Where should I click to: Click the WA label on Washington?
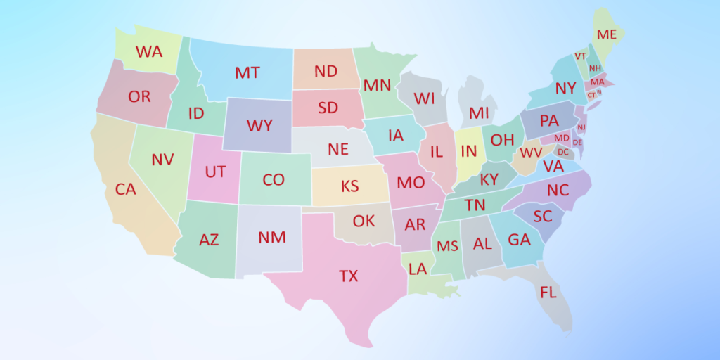click(x=148, y=52)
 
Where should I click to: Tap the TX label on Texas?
click(x=348, y=276)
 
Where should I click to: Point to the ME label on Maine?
click(x=606, y=34)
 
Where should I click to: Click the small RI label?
click(x=599, y=91)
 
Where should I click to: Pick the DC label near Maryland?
click(x=562, y=151)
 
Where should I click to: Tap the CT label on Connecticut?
click(x=591, y=95)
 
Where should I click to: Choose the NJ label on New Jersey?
click(x=581, y=127)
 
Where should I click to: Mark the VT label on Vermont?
click(x=580, y=56)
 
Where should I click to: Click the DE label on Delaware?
click(x=577, y=142)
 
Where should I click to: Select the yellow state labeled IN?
click(x=469, y=151)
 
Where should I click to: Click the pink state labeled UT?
click(x=214, y=171)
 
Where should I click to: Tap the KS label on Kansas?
click(x=349, y=186)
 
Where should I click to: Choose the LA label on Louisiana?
click(x=418, y=269)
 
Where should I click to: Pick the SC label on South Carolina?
click(x=542, y=217)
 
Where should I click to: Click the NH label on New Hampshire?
click(x=595, y=68)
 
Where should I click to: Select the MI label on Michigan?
click(x=479, y=113)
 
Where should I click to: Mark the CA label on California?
click(x=125, y=189)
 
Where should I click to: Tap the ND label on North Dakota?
click(x=326, y=71)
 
